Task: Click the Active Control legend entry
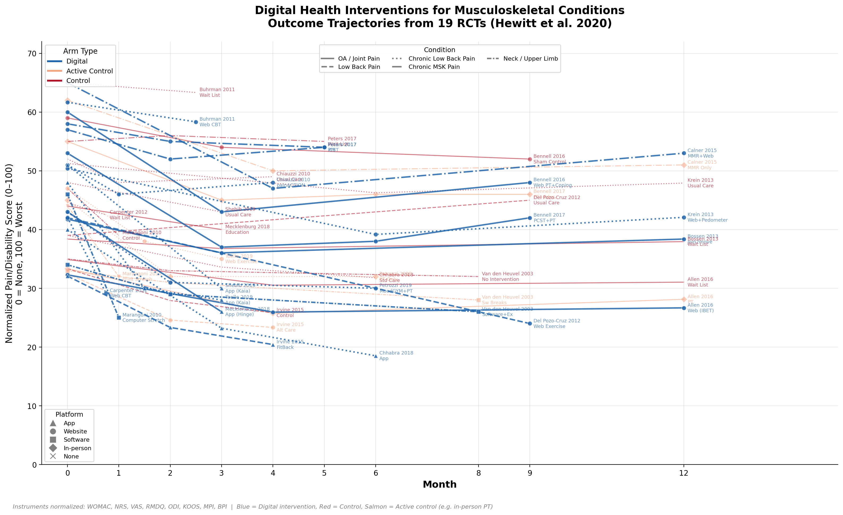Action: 89,71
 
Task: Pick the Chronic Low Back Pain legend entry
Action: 441,58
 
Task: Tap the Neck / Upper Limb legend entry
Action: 530,58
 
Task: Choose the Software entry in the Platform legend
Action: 76,440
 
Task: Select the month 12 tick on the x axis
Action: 684,473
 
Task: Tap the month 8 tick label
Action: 478,473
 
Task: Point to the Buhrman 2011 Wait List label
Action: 217,92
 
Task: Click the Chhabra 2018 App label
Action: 396,356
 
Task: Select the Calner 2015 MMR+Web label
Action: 702,153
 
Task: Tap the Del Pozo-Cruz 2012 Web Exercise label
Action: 557,323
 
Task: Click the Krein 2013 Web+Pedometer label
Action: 707,217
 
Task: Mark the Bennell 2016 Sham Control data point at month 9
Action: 529,159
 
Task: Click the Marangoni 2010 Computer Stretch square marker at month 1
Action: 119,318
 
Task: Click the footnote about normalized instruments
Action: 252,507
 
